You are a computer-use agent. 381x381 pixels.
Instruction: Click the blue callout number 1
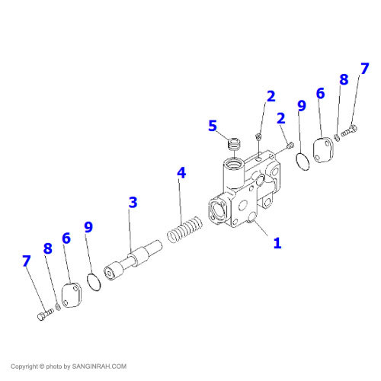277,243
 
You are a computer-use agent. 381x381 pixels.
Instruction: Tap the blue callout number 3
133,203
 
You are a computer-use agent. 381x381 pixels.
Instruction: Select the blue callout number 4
181,173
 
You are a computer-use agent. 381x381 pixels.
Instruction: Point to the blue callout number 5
213,126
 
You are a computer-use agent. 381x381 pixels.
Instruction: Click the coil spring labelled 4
185,229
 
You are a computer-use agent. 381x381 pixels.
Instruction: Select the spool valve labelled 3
133,260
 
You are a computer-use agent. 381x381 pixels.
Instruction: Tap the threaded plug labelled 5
234,144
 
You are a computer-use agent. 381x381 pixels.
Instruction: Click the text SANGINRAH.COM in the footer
99,367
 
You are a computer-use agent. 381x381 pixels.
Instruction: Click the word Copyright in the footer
24,367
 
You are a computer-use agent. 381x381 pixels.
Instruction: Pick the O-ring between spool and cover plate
94,282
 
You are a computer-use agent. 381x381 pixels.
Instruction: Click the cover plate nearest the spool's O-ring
72,295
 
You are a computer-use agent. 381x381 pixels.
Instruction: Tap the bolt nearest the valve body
349,130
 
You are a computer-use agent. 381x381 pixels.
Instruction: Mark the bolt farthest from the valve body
46,315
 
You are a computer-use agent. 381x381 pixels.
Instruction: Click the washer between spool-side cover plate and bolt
58,306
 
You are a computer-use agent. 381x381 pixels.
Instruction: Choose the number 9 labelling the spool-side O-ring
88,227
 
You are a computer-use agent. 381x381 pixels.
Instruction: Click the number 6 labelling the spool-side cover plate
66,239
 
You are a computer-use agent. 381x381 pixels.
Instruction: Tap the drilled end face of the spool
110,274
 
